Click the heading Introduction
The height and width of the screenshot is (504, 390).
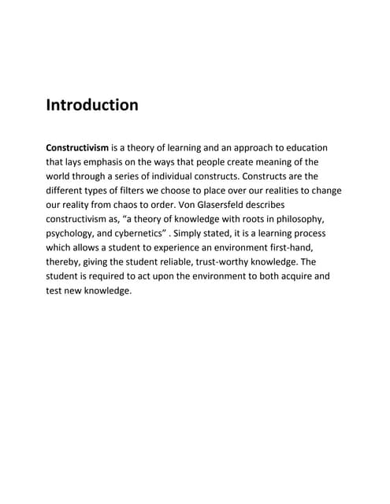(x=92, y=105)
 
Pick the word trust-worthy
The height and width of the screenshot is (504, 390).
(x=243, y=261)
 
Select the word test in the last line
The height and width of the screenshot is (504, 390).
(x=55, y=290)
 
